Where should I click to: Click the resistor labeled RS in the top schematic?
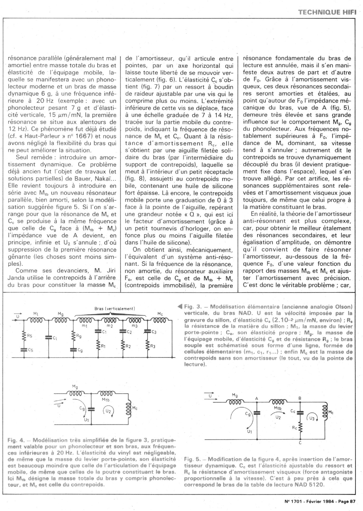pos(24,336)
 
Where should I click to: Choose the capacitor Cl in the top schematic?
pos(49,337)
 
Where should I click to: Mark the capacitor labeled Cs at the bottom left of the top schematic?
pos(24,350)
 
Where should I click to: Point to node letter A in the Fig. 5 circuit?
pos(256,399)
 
